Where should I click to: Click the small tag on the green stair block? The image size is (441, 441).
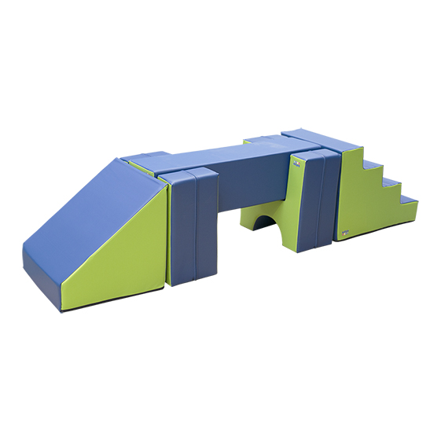tap(346, 233)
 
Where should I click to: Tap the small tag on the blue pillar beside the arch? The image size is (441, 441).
tap(297, 164)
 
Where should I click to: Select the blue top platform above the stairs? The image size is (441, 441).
tap(321, 138)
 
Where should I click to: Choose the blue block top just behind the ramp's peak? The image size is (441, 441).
tap(149, 159)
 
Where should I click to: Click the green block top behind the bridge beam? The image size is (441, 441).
tap(259, 141)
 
